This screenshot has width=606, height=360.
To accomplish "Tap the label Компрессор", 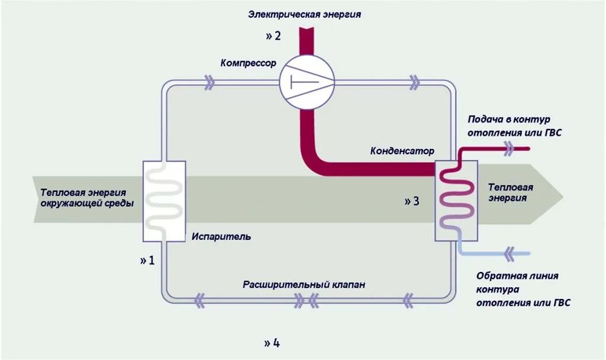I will click(248, 63).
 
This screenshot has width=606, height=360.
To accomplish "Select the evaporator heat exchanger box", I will click(164, 201).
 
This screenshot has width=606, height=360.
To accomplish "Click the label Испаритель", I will click(221, 237).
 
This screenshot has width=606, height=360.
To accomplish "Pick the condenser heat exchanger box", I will click(456, 201).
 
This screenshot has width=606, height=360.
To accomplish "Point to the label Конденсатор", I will click(402, 151).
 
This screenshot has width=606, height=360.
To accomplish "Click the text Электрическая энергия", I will click(304, 15).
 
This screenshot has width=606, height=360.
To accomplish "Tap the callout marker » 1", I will click(147, 260).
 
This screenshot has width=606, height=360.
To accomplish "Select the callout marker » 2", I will click(273, 36).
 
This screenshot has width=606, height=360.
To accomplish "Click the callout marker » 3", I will click(412, 201).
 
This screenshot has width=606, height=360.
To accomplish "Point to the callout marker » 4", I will click(272, 343).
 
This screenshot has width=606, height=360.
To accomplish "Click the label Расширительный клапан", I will click(304, 285).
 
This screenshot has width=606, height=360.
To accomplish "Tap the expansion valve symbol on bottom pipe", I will click(306, 301).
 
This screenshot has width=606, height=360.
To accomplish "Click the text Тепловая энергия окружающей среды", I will click(87, 197).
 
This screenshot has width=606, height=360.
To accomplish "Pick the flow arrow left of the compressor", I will click(208, 83).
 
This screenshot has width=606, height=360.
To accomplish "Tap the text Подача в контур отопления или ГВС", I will click(514, 126).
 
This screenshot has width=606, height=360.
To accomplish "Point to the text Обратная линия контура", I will click(517, 282).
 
